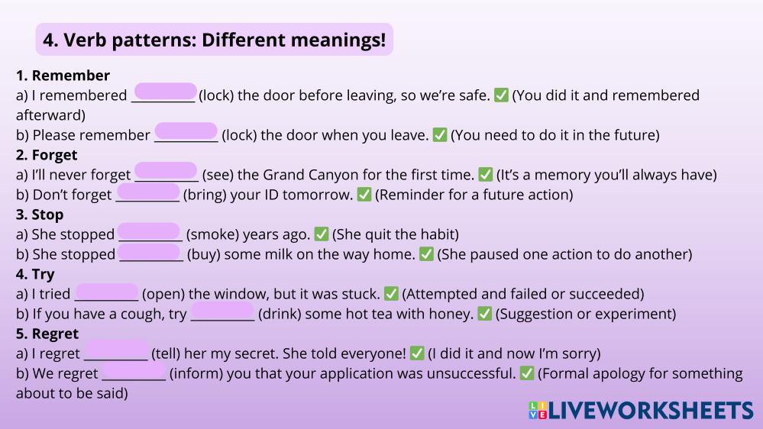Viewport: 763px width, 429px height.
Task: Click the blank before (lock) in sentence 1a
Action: (166, 92)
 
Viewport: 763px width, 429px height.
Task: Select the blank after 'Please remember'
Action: (186, 131)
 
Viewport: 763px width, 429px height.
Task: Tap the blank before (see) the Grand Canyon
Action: (166, 171)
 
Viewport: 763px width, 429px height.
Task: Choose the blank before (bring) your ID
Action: (148, 191)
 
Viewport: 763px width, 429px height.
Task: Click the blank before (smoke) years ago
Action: (150, 231)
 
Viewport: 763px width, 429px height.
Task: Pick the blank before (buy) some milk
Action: (150, 251)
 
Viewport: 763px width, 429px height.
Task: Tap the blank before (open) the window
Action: (107, 291)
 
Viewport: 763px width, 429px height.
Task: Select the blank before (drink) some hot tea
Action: (222, 311)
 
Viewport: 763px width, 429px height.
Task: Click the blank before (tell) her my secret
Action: (117, 350)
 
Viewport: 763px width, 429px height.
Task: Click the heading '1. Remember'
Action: (63, 76)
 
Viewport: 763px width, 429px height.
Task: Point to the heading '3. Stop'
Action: (40, 214)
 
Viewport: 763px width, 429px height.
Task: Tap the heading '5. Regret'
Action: (47, 334)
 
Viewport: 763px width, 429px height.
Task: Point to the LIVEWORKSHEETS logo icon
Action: (538, 410)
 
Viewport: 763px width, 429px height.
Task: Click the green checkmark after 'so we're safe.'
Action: (501, 95)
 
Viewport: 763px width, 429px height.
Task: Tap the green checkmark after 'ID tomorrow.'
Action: (364, 195)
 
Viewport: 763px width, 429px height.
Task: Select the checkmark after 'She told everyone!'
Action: (417, 353)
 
